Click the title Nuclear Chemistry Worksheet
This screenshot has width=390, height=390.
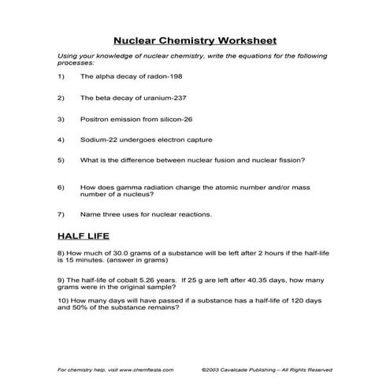pyautogui.click(x=195, y=39)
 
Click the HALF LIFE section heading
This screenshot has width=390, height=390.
pyautogui.click(x=84, y=235)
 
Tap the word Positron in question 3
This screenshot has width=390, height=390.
pyautogui.click(x=95, y=120)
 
